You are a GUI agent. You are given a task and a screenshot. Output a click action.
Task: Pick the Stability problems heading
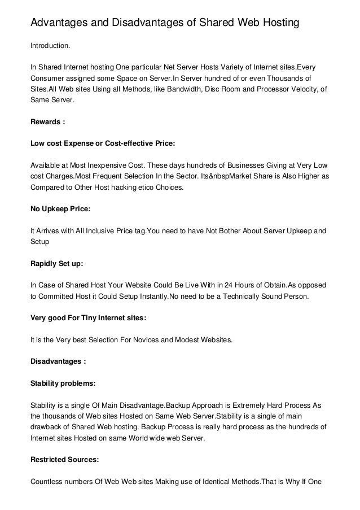pyautogui.click(x=63, y=383)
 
